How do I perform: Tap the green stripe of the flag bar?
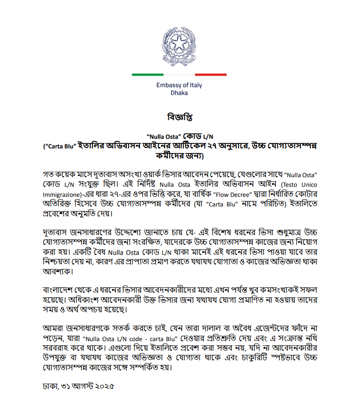148,74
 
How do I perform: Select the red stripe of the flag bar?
211,74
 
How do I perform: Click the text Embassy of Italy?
179,85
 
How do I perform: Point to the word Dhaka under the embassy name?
179,93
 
